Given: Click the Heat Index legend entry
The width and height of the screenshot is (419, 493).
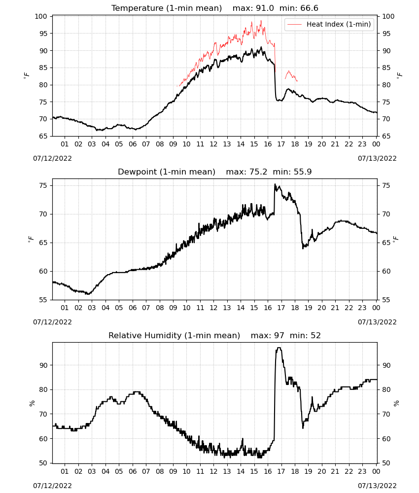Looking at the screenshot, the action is (x=329, y=24).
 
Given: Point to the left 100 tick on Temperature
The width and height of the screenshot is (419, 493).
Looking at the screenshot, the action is (x=41, y=16).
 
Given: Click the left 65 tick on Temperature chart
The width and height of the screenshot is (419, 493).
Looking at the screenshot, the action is (x=43, y=136).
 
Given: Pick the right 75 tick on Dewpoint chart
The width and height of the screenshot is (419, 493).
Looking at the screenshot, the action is (x=386, y=185).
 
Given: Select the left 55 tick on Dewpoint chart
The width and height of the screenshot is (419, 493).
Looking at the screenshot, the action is (x=43, y=300).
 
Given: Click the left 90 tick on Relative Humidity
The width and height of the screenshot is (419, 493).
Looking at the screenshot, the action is (x=43, y=365).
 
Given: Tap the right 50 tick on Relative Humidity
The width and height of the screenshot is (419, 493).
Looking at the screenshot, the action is (x=386, y=463).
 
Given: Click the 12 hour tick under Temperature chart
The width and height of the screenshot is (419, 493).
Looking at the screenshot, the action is (x=213, y=144).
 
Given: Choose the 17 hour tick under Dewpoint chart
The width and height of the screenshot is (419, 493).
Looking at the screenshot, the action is (x=281, y=308).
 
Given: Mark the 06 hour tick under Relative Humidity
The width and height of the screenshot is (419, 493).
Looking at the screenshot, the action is (x=132, y=472).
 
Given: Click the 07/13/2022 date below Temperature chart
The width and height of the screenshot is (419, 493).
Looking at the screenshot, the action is (x=377, y=158).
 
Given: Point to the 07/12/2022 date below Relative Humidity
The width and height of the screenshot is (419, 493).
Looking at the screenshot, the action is (x=52, y=486).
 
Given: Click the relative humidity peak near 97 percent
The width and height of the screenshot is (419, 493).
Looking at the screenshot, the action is (x=279, y=348).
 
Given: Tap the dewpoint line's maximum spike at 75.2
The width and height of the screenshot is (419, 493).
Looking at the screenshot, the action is (x=275, y=184).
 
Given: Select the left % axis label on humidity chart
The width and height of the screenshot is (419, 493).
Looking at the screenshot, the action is (x=32, y=403).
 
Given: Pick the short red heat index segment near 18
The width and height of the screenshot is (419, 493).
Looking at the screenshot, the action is (x=291, y=75).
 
